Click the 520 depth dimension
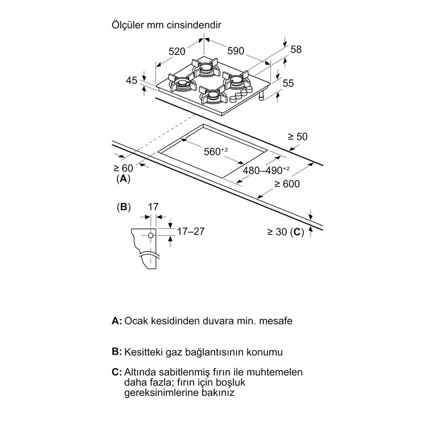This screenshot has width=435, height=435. coord(177,51)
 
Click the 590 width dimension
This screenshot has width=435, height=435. coord(236,51)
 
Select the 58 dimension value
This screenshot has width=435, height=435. coord(296,49)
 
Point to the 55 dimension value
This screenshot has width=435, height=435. coord(288,83)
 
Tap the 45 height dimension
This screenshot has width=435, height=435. coord(132,80)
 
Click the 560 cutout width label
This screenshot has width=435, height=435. coord(216,151)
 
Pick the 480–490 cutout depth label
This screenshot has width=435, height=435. coord(266,170)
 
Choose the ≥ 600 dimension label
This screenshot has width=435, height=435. coord(287,184)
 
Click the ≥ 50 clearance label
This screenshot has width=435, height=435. coord(297,136)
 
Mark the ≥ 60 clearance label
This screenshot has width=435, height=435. coord(123,168)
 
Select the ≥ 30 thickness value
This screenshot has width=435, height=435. coord(277,232)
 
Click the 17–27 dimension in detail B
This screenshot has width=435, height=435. coord(191,231)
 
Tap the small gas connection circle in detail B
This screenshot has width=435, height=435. coord(151,235)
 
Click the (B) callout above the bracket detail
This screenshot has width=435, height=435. coord(124,207)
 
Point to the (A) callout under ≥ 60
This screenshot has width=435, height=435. coord(123,179)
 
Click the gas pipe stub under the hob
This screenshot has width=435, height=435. coord(261,96)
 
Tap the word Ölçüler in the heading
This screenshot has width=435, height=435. coord(128,24)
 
